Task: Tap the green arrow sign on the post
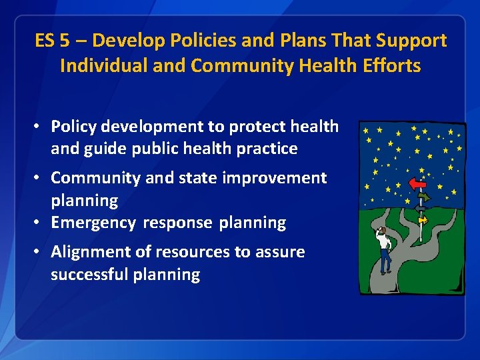click(x=423, y=197)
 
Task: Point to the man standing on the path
click(x=384, y=249)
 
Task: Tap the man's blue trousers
click(x=385, y=261)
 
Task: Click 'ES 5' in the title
click(x=52, y=41)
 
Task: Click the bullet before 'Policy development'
click(x=40, y=127)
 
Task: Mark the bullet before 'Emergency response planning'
click(x=40, y=223)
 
